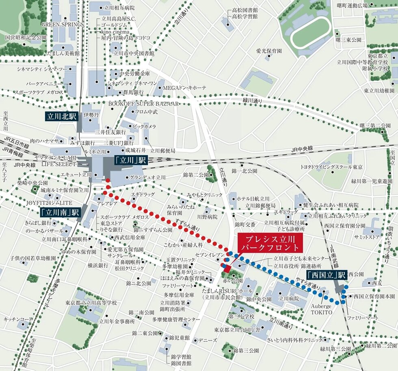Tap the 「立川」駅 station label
(x=130, y=161)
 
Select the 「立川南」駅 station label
(x=61, y=212)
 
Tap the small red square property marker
(x=227, y=269)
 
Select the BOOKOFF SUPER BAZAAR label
(x=143, y=104)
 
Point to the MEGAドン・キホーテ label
(x=184, y=87)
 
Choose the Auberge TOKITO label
(x=322, y=309)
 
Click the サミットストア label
(x=366, y=236)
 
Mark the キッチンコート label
(x=18, y=319)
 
